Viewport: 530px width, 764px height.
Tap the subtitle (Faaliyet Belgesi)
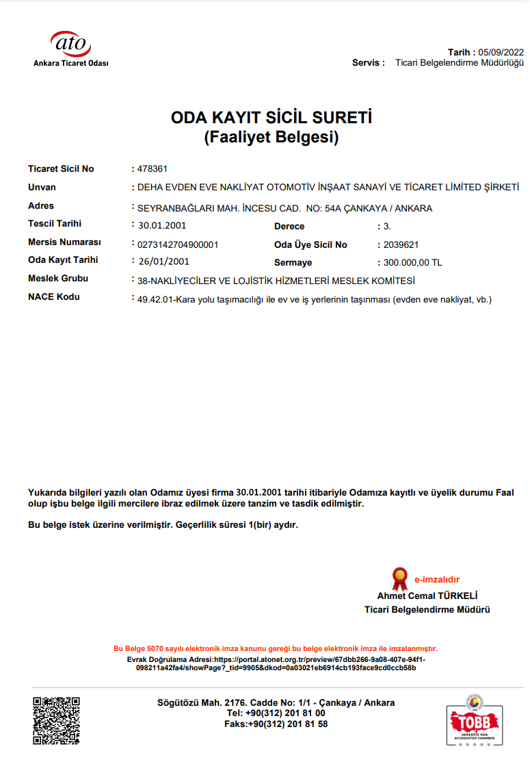[271, 137]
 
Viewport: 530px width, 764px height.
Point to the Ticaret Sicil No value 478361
[153, 169]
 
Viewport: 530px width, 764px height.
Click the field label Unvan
[42, 187]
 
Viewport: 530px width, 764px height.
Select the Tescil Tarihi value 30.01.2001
[162, 225]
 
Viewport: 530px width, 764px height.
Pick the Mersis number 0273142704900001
[178, 244]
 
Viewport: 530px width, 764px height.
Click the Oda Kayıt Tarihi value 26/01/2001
[163, 261]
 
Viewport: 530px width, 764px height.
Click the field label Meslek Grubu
[58, 278]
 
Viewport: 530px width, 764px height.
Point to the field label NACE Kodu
[54, 296]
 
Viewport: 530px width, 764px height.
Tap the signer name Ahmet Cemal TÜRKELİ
[427, 596]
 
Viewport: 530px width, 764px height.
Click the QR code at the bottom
[57, 720]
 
